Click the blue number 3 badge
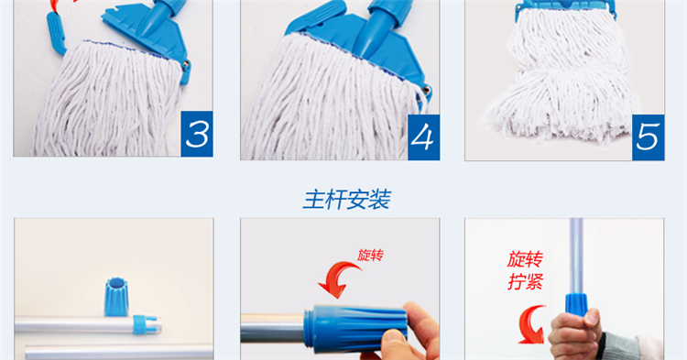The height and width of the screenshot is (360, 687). tap(197, 134)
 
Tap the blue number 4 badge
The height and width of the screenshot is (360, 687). tap(424, 137)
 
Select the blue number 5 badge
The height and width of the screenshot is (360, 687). tap(648, 137)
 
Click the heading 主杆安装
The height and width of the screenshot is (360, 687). tap(346, 200)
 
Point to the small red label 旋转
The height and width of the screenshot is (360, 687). tap(371, 255)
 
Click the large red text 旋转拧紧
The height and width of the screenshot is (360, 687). tap(526, 270)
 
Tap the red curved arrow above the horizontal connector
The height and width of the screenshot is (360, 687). tap(338, 278)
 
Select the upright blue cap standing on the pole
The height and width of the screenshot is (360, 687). tap(116, 297)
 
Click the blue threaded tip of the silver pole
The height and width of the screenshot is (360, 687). tap(145, 324)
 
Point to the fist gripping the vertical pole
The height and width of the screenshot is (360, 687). tap(575, 334)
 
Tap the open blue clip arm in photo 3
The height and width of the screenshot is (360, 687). tap(57, 33)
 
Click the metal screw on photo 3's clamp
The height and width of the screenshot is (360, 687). tap(187, 64)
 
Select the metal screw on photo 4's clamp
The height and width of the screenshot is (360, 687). tap(425, 91)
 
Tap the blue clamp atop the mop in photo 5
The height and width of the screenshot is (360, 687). tap(566, 10)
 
